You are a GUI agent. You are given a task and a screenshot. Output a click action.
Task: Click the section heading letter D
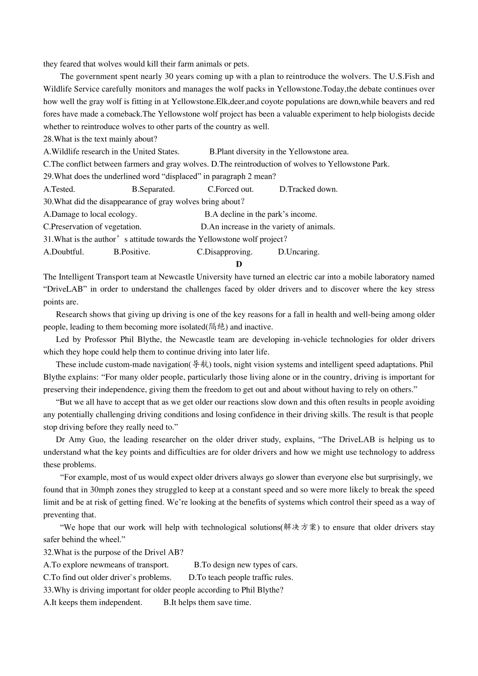[239, 264]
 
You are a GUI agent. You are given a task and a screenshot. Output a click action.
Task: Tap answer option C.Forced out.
[230, 189]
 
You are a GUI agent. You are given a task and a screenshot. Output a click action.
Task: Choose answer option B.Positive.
[132, 251]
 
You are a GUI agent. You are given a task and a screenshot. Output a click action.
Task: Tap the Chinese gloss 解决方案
[300, 527]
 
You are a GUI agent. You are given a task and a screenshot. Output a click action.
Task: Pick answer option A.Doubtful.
[64, 251]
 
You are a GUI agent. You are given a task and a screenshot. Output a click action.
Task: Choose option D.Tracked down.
[308, 189]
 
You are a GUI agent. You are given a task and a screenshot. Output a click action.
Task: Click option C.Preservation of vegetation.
[93, 227]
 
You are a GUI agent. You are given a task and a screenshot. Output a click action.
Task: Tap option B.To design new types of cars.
[246, 565]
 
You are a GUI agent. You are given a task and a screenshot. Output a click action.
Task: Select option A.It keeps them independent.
[93, 602]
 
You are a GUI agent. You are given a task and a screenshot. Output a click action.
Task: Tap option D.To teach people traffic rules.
[241, 577]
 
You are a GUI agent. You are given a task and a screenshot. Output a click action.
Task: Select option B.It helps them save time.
[207, 602]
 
